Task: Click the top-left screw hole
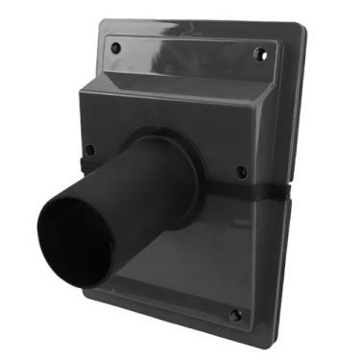(x=116, y=46)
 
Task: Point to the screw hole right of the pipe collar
(x=241, y=172)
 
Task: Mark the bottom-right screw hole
(x=235, y=314)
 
